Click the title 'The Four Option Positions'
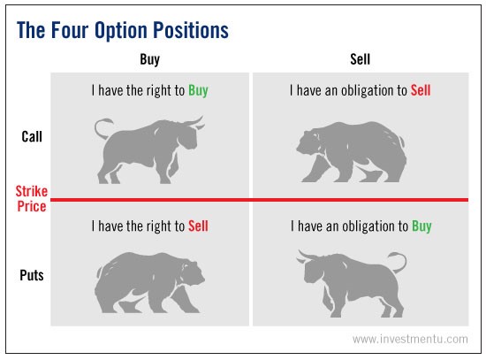123,29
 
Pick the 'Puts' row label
33,275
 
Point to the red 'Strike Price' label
31,198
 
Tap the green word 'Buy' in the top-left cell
198,91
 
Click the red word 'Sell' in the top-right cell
421,91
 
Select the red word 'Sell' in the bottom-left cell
198,226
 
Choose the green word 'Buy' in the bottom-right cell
421,226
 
